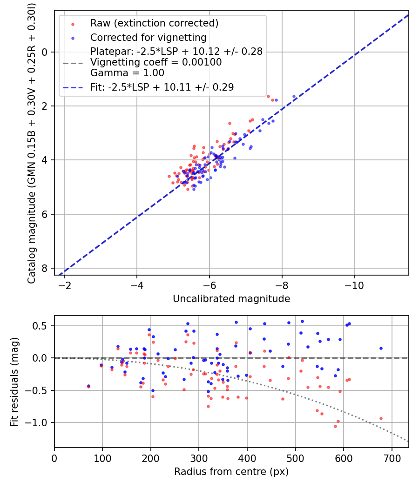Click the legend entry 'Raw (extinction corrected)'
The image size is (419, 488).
154,23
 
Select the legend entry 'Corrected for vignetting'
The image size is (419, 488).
149,37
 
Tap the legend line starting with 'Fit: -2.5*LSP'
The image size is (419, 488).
162,87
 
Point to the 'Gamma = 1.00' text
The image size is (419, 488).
127,73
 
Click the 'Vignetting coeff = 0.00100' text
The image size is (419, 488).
156,62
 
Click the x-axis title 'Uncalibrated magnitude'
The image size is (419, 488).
231,299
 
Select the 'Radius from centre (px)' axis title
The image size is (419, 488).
231,472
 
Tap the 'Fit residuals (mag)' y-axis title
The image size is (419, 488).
14,382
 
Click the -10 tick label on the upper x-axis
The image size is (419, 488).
354,285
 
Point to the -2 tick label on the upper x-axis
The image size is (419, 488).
65,285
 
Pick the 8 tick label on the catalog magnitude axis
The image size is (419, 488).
45,268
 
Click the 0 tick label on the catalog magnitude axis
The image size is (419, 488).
45,52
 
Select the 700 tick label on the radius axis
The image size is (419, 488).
392,458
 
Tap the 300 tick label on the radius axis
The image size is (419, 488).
199,458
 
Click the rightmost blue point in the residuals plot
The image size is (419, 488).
381,348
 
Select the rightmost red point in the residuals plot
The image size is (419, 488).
381,419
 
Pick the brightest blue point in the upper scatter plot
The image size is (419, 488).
294,97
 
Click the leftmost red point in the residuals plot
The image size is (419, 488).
88,387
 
